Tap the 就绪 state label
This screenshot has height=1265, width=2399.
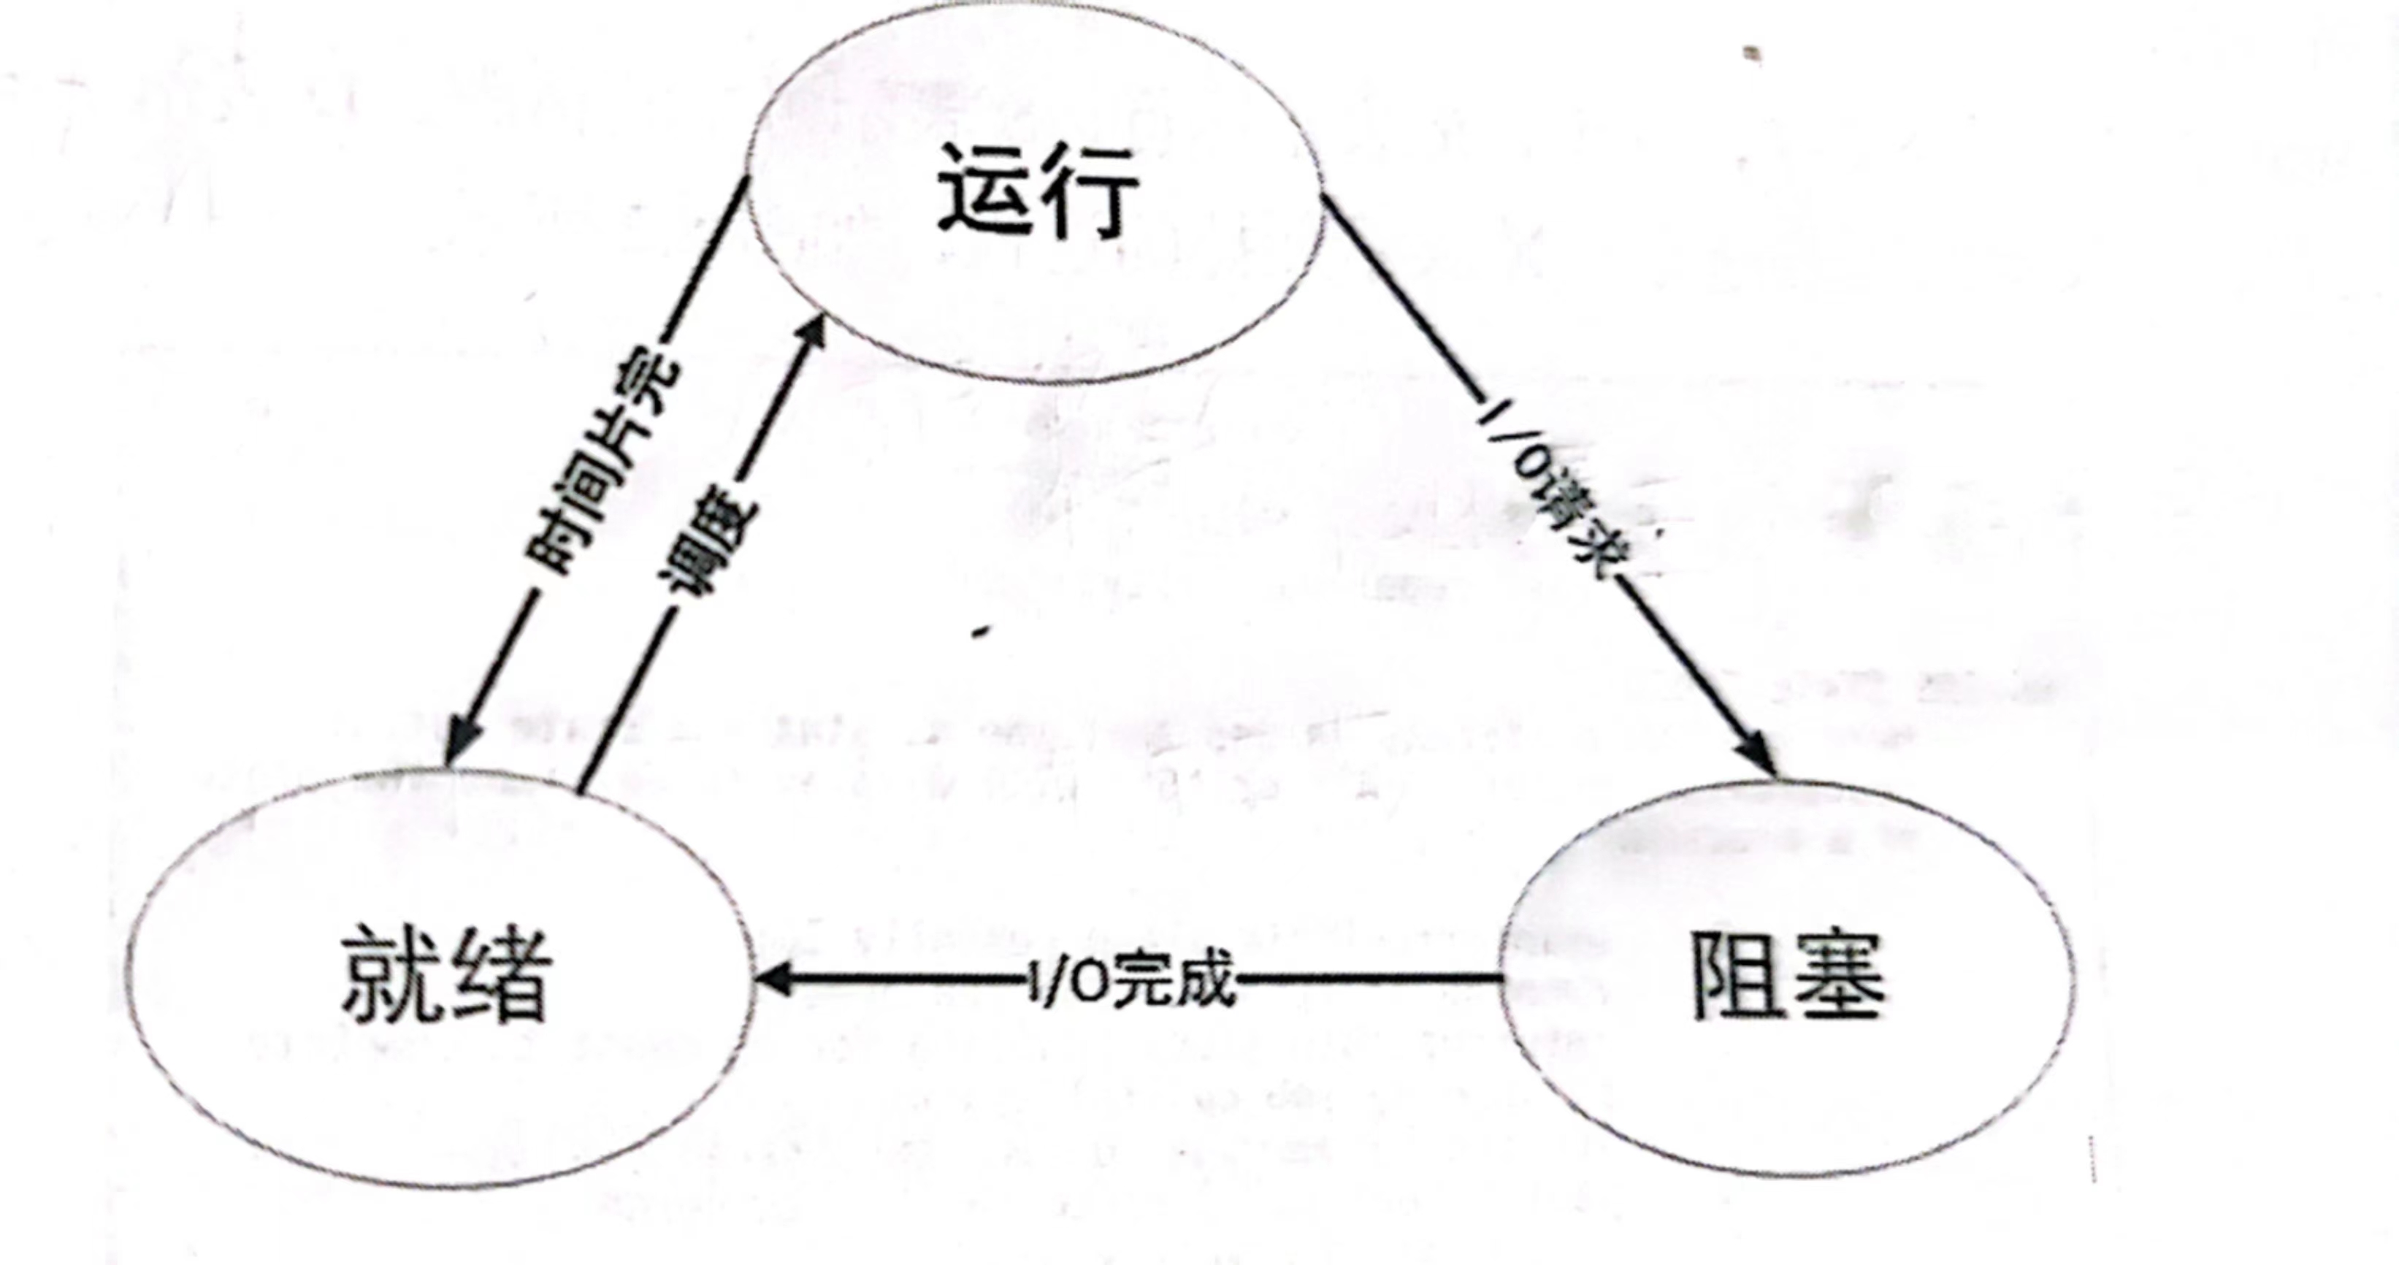[x=446, y=974]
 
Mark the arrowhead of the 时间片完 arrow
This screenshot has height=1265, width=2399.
[x=462, y=741]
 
